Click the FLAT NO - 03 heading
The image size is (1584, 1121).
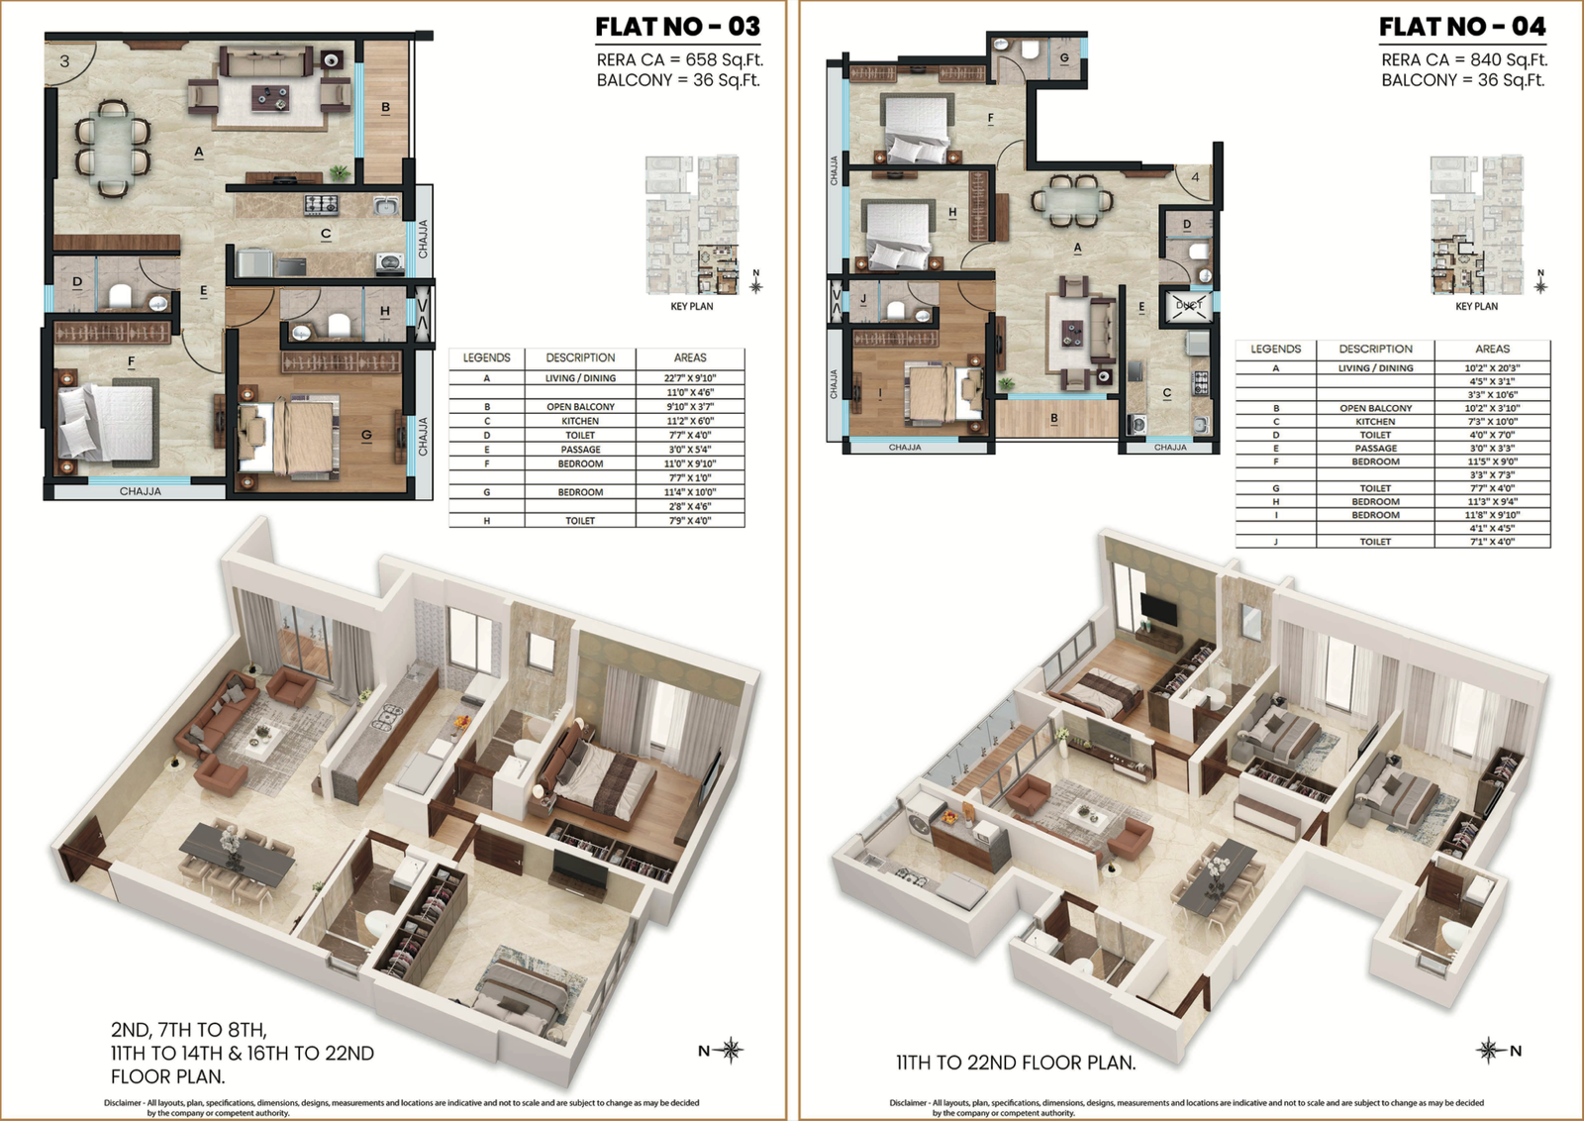click(677, 27)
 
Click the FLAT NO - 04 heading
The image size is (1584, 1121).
click(1461, 27)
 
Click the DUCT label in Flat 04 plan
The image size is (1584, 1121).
click(1188, 305)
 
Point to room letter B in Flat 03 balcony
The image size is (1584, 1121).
click(385, 107)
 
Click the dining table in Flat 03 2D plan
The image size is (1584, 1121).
click(112, 147)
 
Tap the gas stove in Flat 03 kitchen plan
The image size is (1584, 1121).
click(321, 205)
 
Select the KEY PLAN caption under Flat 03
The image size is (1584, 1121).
click(691, 306)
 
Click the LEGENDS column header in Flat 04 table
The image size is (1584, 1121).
click(1275, 349)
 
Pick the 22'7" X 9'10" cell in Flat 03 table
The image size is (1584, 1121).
click(689, 378)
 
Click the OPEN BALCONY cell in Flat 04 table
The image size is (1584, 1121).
click(1375, 408)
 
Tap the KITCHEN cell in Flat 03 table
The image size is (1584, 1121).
click(580, 421)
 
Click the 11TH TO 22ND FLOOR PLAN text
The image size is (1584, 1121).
click(1016, 1063)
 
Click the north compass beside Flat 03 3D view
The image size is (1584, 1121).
click(731, 1050)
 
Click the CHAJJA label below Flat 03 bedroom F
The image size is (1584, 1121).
click(140, 491)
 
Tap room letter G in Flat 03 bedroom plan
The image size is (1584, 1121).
click(366, 435)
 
